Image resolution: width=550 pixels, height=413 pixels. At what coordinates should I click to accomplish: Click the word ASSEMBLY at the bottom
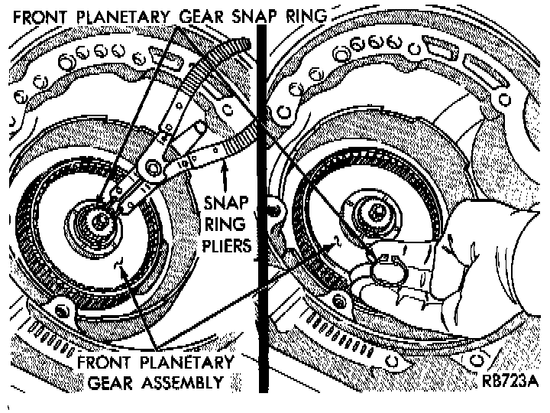coord(183,382)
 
